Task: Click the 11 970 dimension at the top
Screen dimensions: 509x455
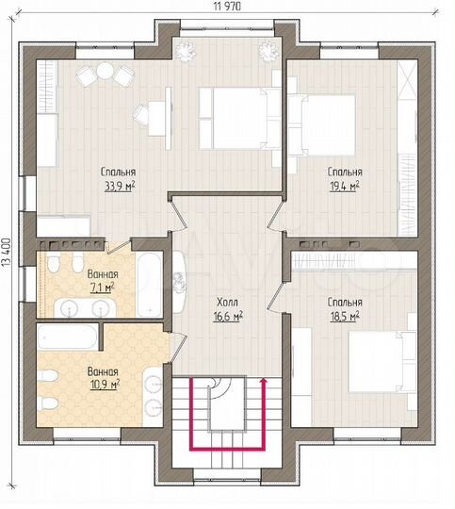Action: point(226,7)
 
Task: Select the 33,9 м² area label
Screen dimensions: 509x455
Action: point(119,187)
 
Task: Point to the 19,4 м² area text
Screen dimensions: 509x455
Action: point(345,187)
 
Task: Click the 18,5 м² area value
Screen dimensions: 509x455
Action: point(345,318)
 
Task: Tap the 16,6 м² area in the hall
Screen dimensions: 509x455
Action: point(226,318)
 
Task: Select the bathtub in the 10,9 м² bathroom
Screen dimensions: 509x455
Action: point(68,335)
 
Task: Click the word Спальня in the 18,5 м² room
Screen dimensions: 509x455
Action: point(345,304)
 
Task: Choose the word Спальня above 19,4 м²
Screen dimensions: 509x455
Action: point(345,172)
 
